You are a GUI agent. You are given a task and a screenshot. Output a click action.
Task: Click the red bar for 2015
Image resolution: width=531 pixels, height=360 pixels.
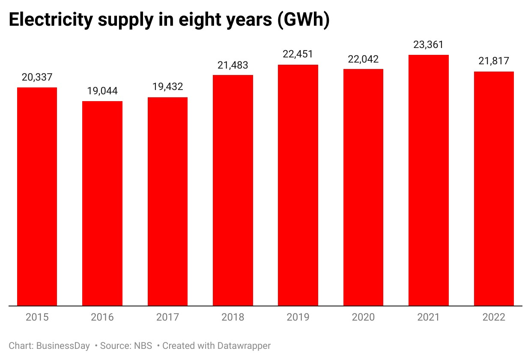(37, 197)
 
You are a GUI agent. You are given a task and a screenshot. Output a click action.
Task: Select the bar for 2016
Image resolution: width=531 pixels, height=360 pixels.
(102, 204)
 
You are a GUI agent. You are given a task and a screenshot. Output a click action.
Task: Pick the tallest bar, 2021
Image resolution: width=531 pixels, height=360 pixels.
(429, 180)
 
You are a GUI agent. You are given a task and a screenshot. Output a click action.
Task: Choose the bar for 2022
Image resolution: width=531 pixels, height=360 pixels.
(494, 189)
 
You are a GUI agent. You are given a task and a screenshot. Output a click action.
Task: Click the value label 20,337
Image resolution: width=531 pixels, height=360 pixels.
(37, 77)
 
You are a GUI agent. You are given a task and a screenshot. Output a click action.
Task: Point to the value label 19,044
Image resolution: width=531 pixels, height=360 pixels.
(102, 91)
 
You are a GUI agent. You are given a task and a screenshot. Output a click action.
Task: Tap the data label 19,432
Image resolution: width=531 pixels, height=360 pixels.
(167, 87)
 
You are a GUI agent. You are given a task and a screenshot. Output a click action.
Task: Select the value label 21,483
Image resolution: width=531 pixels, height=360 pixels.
(233, 65)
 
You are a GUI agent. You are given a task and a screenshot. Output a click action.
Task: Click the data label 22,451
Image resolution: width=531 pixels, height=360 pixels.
(298, 54)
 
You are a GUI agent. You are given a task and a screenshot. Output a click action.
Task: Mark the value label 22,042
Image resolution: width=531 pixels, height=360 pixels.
(363, 59)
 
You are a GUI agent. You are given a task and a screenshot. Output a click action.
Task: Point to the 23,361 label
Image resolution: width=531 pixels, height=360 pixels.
(429, 45)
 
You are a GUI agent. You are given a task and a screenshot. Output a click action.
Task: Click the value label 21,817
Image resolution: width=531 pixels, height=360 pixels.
(494, 61)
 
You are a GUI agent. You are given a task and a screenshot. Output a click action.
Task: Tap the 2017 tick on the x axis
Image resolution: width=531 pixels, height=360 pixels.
(167, 318)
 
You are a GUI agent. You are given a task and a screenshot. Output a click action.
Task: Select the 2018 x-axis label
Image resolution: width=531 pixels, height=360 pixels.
(233, 318)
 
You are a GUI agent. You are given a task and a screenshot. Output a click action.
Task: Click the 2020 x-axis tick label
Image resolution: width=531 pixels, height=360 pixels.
(363, 318)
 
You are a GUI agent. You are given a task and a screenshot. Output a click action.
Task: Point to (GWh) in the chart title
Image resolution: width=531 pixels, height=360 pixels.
(303, 21)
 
